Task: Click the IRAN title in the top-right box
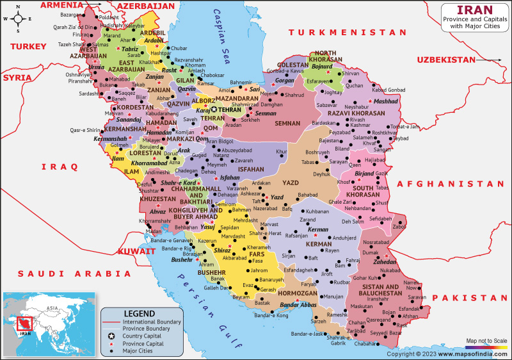[474, 10]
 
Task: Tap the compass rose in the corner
[19, 19]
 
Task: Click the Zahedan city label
[385, 263]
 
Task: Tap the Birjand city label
[364, 174]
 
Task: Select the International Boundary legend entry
[151, 321]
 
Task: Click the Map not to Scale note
[486, 340]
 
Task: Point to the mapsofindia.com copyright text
[448, 353]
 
